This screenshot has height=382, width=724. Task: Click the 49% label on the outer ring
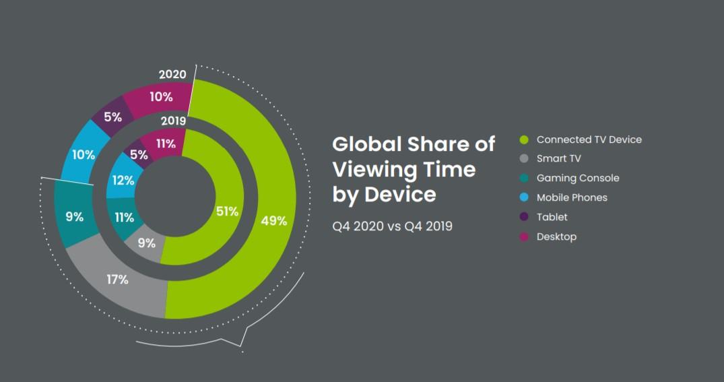click(x=274, y=220)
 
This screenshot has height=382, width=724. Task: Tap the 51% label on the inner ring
click(x=227, y=212)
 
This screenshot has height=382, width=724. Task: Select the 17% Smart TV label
click(x=117, y=278)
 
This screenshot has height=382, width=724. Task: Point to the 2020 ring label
click(x=172, y=74)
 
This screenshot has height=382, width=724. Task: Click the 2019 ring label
click(x=173, y=121)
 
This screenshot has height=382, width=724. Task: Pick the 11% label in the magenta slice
click(x=165, y=144)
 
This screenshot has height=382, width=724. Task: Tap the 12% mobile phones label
click(x=123, y=181)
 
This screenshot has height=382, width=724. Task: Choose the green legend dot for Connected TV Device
click(x=523, y=139)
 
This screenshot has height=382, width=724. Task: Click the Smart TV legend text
click(x=558, y=159)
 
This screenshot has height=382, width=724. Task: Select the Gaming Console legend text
click(x=577, y=179)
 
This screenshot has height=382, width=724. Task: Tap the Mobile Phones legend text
click(x=572, y=198)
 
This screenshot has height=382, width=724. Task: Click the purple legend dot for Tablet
click(x=523, y=218)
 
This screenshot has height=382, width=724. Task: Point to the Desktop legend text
click(x=556, y=237)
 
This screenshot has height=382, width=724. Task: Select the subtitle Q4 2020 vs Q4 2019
click(x=392, y=226)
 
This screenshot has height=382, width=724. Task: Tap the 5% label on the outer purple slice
click(x=112, y=117)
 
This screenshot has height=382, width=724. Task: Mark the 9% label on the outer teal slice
click(x=74, y=217)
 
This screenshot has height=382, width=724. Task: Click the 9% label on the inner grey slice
click(x=146, y=243)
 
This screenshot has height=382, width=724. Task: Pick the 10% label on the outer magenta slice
click(x=161, y=97)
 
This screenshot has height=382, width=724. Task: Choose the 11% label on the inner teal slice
click(x=124, y=217)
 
